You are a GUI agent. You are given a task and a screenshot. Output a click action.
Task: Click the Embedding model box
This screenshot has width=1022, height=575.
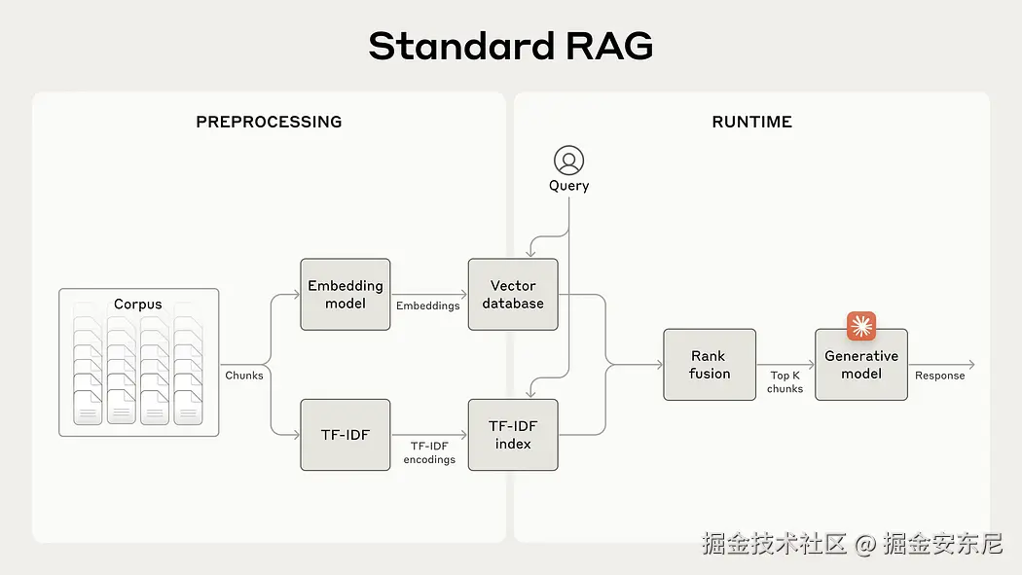tap(346, 295)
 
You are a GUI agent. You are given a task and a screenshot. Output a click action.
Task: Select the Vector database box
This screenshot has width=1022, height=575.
tap(513, 295)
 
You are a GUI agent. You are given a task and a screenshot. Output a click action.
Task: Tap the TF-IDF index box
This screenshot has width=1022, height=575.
tap(513, 435)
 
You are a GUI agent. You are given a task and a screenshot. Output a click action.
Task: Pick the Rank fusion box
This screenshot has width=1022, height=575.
tap(710, 365)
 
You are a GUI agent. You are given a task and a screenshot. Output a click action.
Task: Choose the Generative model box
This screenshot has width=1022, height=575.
tap(861, 365)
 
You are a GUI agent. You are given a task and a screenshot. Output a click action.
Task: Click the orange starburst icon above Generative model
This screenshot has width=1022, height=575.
tap(861, 326)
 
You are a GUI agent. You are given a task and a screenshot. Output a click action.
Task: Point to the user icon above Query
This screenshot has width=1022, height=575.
tap(569, 161)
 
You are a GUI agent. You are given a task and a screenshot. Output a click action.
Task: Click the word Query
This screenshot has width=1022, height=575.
tap(569, 186)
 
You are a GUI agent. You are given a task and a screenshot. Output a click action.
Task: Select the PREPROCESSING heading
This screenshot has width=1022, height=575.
tap(270, 122)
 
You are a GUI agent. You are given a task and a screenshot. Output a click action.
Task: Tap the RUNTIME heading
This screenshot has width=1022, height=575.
tap(752, 122)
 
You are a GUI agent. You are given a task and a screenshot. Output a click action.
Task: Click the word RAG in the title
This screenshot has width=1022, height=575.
tap(609, 47)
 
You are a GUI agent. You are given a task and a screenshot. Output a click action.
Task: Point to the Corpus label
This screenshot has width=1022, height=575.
tap(137, 305)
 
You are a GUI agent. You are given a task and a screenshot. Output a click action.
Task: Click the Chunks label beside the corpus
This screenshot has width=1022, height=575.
tap(244, 376)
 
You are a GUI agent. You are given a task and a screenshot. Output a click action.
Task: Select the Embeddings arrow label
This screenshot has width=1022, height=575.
tap(427, 306)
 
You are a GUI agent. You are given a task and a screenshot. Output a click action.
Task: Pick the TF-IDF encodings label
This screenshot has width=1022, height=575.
tap(429, 452)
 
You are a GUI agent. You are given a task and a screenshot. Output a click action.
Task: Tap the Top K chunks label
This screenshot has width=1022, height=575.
tap(785, 382)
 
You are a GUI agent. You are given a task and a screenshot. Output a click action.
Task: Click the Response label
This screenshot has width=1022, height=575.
tap(940, 376)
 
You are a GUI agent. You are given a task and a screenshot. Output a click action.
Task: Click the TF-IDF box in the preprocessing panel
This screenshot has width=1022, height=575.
tap(346, 435)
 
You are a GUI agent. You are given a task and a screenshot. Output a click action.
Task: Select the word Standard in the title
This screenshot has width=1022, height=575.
tap(461, 47)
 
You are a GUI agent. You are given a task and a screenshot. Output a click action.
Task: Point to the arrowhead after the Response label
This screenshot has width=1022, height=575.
tap(971, 365)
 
